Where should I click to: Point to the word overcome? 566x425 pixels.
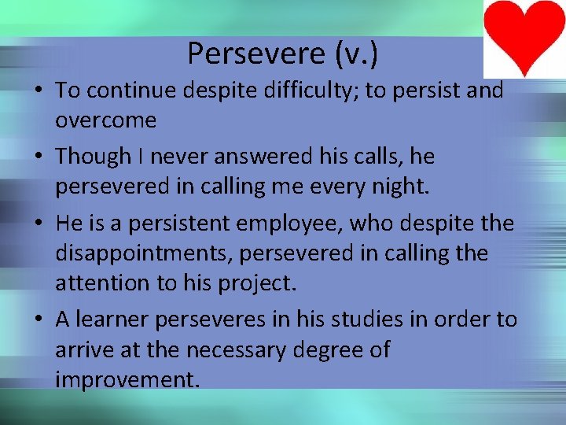point(105,120)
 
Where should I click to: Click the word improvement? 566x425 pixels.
point(127,379)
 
